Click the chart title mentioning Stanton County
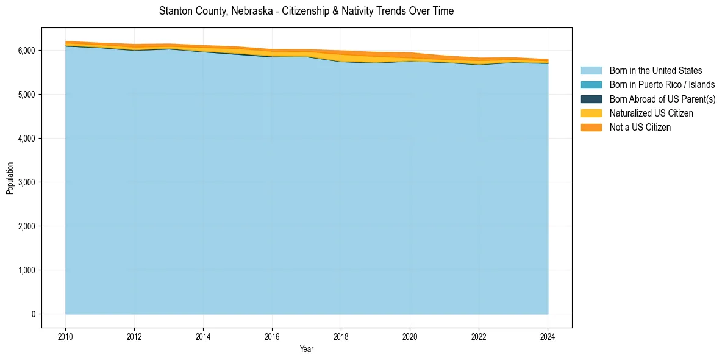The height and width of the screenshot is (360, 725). click(x=306, y=11)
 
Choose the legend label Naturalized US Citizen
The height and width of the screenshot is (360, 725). click(x=651, y=113)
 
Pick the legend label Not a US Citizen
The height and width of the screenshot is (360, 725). click(x=640, y=127)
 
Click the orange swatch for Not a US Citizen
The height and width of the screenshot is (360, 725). click(x=591, y=127)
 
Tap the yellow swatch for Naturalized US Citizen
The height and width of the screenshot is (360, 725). click(x=591, y=113)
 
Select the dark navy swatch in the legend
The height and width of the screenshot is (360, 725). click(x=591, y=99)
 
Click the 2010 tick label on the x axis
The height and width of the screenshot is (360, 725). click(x=65, y=336)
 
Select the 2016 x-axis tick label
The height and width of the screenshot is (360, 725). click(x=272, y=336)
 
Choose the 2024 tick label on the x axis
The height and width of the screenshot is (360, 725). click(x=548, y=336)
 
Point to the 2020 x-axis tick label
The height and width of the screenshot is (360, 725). click(x=410, y=336)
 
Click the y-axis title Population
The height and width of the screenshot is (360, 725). click(x=10, y=178)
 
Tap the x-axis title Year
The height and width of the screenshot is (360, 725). click(x=307, y=349)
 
